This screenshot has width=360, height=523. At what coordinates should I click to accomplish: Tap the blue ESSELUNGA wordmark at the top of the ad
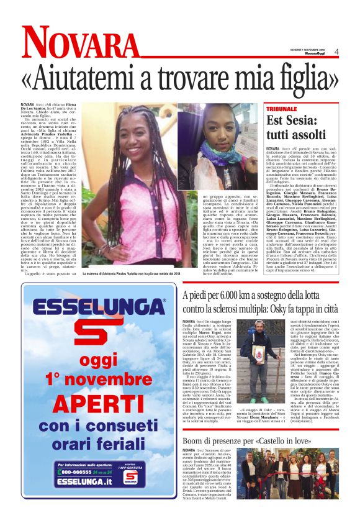click(99, 307)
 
